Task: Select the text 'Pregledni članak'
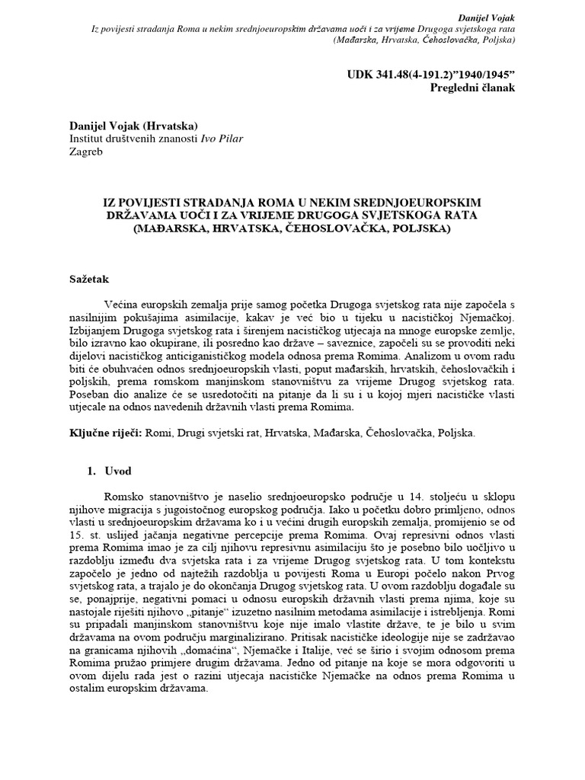coord(473,88)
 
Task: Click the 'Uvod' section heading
coord(118,471)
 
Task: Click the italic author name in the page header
coord(487,16)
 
